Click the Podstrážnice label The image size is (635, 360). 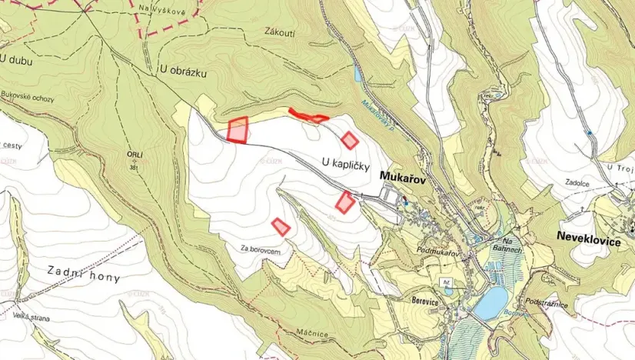(549, 305)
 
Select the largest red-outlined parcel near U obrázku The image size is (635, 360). (238, 130)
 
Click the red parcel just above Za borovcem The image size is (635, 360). (281, 226)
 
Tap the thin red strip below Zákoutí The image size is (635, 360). (308, 117)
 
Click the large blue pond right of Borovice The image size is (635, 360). (490, 303)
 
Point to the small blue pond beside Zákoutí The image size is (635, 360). (357, 74)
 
